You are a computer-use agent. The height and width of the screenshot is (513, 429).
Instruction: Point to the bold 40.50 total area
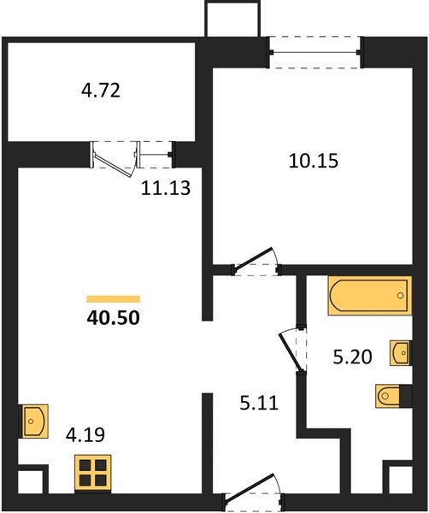click(113, 317)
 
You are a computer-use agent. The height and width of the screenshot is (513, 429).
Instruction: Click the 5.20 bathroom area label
click(351, 358)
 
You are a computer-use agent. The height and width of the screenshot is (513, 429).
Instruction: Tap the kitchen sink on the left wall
click(34, 421)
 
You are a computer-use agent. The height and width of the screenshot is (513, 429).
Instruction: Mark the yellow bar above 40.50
click(113, 298)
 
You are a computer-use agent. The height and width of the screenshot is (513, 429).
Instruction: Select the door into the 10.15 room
click(258, 261)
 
